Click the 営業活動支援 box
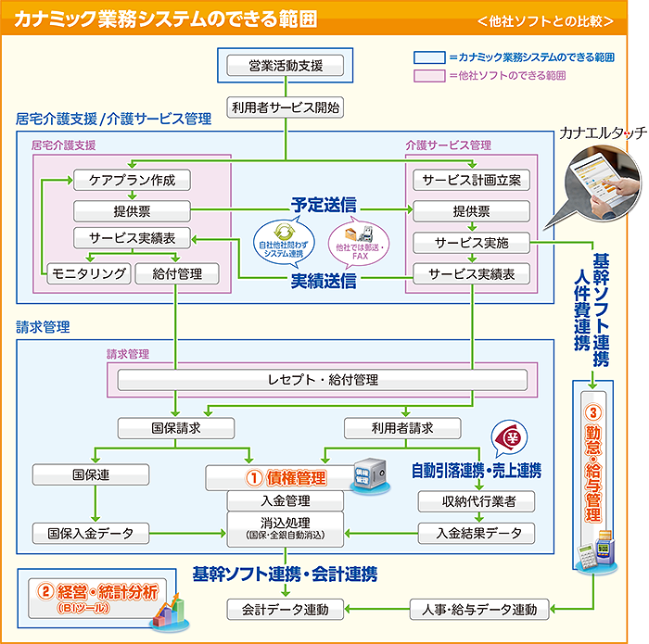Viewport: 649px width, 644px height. click(286, 66)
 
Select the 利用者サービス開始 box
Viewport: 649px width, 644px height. click(286, 107)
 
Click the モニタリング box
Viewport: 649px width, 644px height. click(88, 273)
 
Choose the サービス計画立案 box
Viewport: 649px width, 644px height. click(471, 180)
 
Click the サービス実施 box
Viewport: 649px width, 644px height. click(471, 243)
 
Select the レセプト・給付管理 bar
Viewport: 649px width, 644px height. click(323, 380)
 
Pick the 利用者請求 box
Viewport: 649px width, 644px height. click(402, 428)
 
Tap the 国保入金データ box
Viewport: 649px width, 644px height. click(91, 533)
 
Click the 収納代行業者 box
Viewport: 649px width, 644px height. click(476, 501)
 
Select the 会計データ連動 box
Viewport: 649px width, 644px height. click(286, 609)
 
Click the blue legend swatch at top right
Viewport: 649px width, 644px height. click(428, 57)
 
